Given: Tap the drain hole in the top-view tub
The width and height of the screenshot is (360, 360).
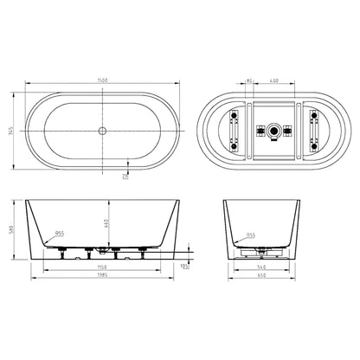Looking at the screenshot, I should pyautogui.click(x=103, y=130).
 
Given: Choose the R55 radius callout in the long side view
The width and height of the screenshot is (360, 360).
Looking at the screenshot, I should pyautogui.click(x=60, y=234).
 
